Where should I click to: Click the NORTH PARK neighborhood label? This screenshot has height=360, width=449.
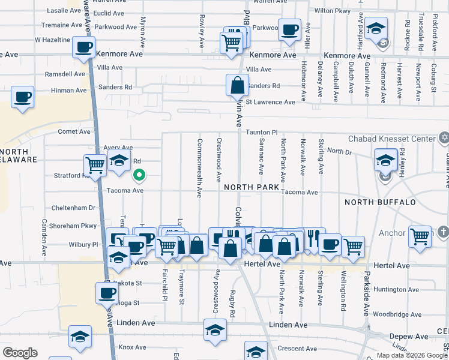[252, 187]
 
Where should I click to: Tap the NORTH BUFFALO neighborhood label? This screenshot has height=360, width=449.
[381, 202]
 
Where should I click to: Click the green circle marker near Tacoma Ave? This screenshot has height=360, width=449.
[139, 175]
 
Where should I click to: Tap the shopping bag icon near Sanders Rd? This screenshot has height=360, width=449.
[237, 85]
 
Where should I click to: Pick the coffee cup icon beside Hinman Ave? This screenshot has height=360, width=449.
[22, 97]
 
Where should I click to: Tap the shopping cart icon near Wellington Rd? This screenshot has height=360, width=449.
[354, 245]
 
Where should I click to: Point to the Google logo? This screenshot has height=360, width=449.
[19, 353]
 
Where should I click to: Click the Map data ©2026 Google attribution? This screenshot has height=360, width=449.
[412, 355]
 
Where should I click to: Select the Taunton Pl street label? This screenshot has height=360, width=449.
[261, 131]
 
